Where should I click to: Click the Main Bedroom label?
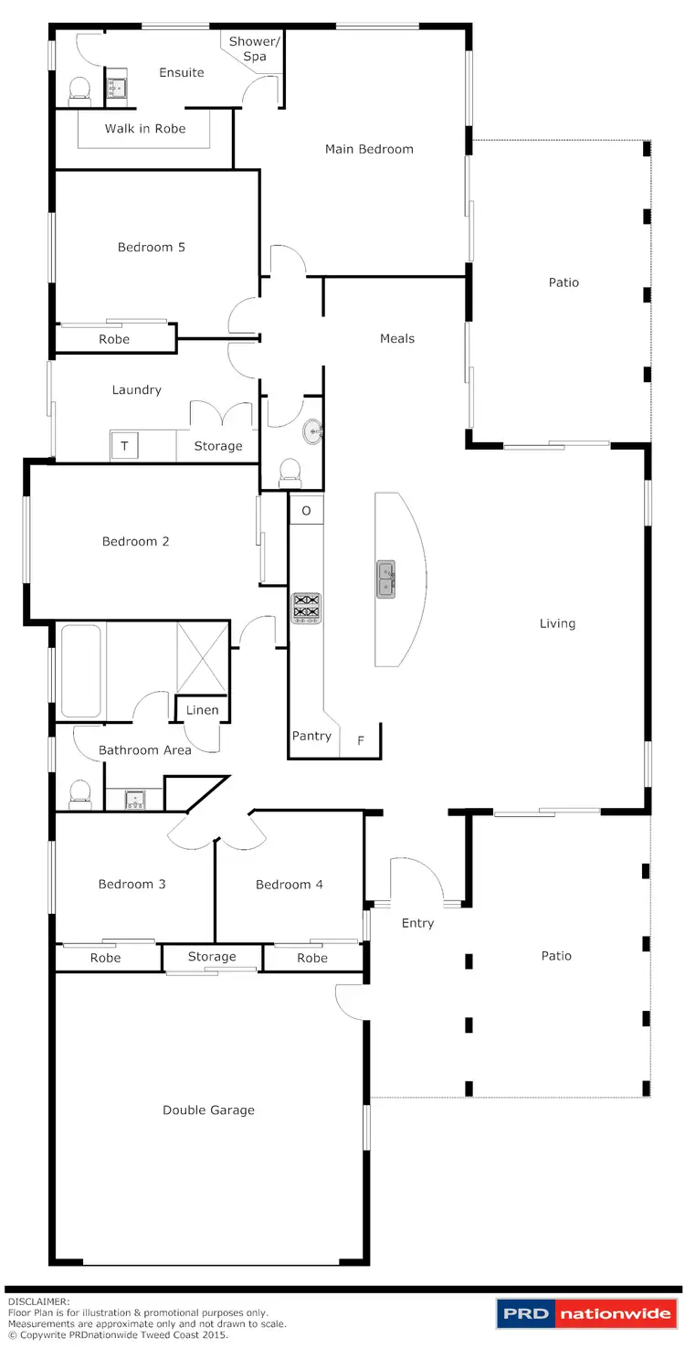[x=369, y=149]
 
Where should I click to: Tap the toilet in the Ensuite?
[x=79, y=90]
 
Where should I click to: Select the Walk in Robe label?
[x=144, y=129]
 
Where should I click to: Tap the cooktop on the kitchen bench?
[x=306, y=608]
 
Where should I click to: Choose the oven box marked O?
[x=306, y=510]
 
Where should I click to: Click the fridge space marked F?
[x=361, y=740]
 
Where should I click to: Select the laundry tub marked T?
[x=124, y=447]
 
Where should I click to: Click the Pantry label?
[x=311, y=736]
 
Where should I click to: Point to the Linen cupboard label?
[x=202, y=710]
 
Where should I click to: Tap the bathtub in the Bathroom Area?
[x=80, y=671]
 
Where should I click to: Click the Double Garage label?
[x=208, y=1110]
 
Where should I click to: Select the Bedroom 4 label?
[x=289, y=885]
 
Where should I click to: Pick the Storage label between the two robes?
[x=212, y=957]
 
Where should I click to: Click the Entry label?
[x=417, y=923]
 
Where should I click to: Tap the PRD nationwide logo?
[x=585, y=1314]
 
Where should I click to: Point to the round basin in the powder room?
[x=312, y=429]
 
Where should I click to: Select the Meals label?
[x=397, y=338]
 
